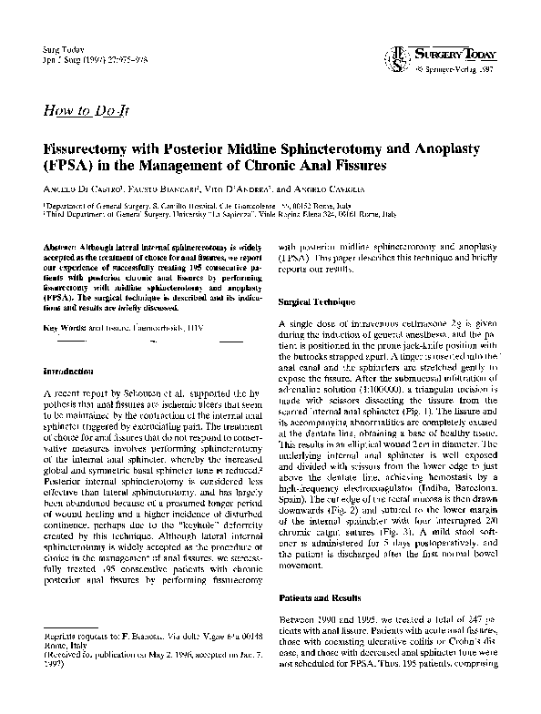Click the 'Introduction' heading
click(x=69, y=372)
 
